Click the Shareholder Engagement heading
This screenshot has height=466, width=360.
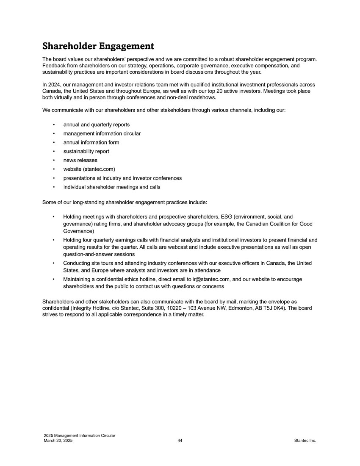98,46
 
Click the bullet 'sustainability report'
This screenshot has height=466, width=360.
86,151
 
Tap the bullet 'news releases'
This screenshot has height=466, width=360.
80,160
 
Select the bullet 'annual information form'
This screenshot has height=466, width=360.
91,142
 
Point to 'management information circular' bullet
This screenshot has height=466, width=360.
102,133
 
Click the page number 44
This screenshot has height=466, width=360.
180,441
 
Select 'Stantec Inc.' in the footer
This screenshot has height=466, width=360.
305,441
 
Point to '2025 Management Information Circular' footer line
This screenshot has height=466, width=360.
79,436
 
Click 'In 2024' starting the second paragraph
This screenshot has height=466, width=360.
51,85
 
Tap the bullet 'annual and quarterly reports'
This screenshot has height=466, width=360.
96,125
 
